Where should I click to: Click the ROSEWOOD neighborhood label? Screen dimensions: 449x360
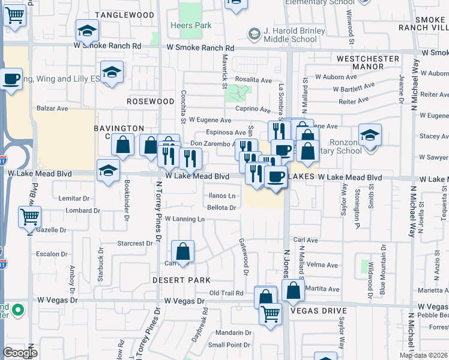pos(150,102)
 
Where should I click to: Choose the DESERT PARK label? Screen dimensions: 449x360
pos(181,280)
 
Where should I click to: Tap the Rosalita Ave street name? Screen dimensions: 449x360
pos(253,79)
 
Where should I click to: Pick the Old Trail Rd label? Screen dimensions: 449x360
pos(226,293)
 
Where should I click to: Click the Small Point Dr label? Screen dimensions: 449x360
pos(229,345)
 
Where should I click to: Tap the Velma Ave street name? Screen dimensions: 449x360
pos(322,265)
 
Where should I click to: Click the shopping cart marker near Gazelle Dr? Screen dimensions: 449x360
pos(29,217)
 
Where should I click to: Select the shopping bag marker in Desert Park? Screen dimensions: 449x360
pos(183,251)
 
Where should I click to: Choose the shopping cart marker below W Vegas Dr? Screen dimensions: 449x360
pos(271,313)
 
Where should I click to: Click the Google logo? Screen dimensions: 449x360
pos(20,353)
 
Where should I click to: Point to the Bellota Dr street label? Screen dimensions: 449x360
pos(221,208)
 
